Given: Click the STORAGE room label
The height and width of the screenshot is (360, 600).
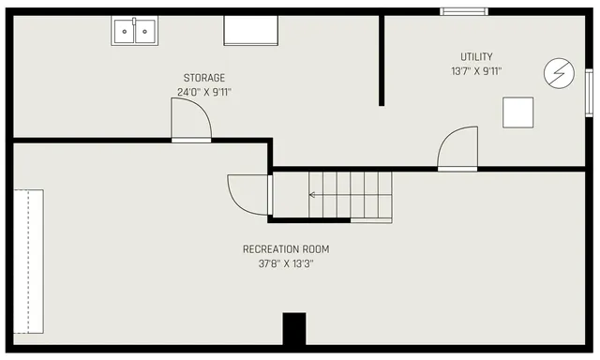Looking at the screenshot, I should (x=203, y=78).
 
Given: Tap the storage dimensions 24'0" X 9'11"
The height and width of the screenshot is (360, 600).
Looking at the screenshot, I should (x=203, y=92).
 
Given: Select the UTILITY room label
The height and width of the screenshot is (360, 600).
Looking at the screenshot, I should (x=475, y=56).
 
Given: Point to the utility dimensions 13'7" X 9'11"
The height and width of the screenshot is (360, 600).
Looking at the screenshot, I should (x=475, y=70).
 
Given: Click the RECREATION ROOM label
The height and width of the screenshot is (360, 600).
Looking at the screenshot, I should (x=286, y=249).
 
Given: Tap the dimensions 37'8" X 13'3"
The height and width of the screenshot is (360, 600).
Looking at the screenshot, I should (x=286, y=264).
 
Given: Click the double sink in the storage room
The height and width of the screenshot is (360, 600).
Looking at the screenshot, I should (x=135, y=31).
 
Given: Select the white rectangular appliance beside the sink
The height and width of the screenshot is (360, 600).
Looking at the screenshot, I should (x=251, y=31).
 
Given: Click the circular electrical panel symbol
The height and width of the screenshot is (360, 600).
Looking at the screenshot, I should (x=559, y=72).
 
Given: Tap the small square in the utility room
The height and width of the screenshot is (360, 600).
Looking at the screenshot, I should (x=517, y=112).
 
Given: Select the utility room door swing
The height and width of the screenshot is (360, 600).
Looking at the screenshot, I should (x=458, y=148).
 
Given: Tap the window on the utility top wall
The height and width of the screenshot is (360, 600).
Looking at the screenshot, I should (x=464, y=11).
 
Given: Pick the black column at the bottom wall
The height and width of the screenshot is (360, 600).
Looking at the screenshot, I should (x=294, y=328).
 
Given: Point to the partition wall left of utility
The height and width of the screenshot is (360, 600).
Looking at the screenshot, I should (x=382, y=60).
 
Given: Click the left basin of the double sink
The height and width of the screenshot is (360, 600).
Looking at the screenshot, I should (x=126, y=32).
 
